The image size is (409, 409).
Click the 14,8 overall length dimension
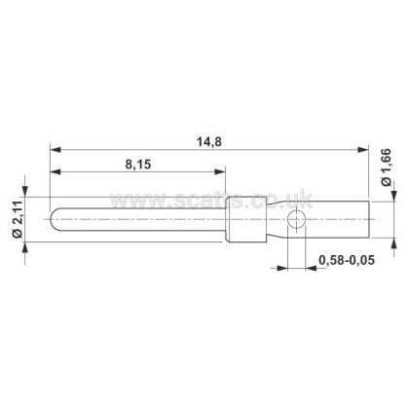pos(209,142)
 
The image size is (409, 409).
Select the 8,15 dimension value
pos(138,165)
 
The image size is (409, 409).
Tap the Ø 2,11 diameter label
pos(18,219)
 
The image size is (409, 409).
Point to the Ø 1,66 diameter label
pos(387,167)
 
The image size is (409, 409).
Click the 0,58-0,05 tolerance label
pos(347,260)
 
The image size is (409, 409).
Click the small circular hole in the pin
pos(296,219)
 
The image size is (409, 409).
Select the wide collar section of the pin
pos(246,219)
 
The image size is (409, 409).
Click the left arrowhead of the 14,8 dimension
pos(56,150)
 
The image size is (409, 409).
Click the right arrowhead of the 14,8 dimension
pos(363,150)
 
